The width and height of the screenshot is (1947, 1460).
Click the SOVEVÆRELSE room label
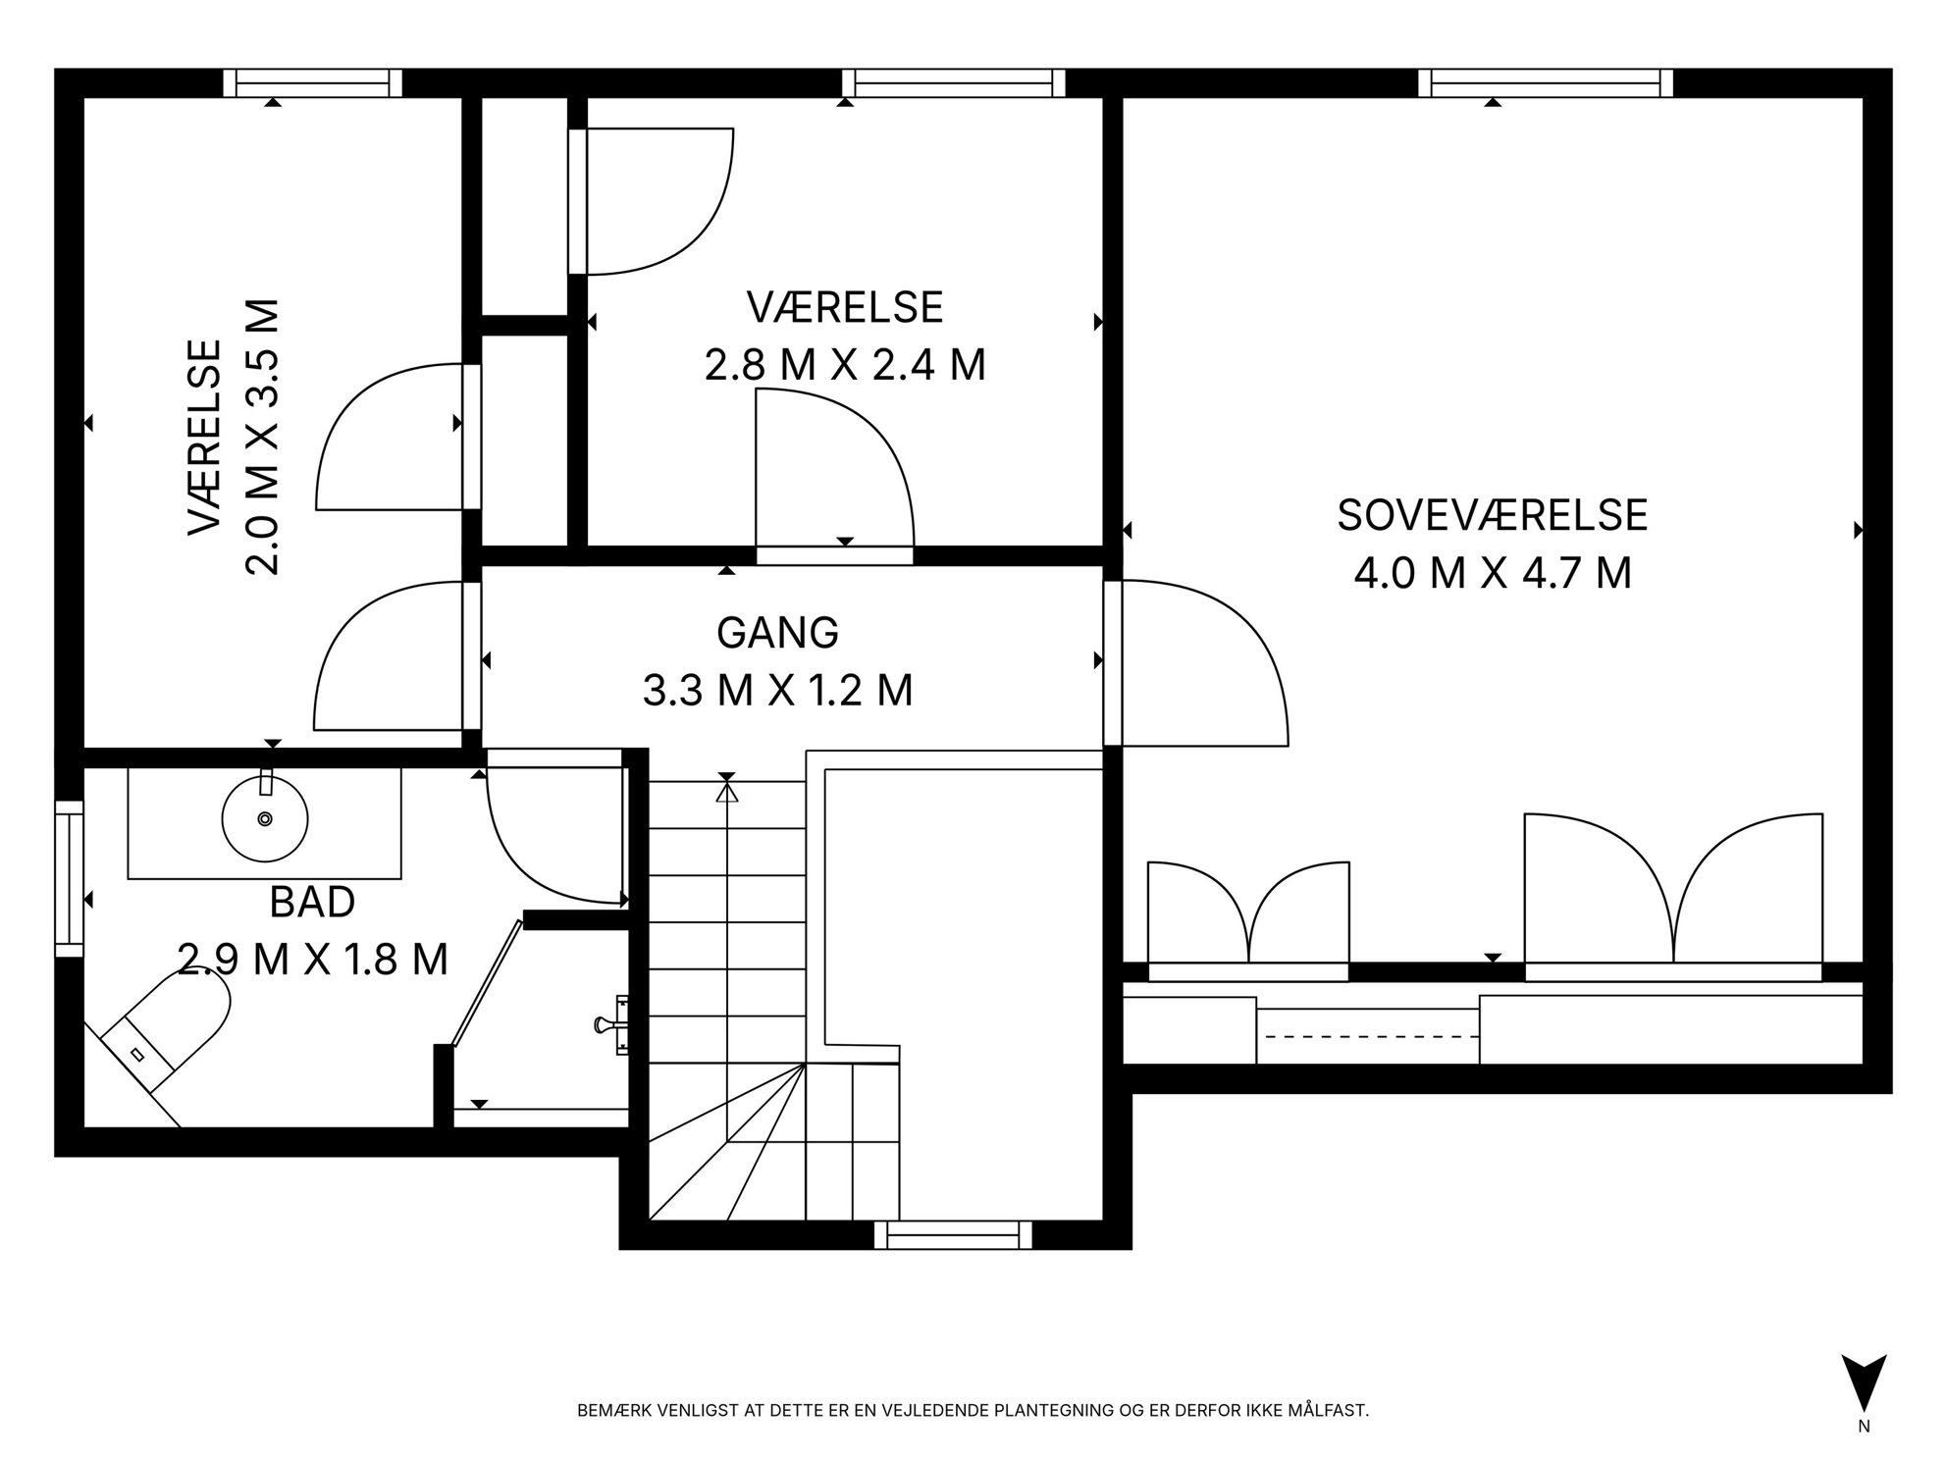click(x=1492, y=516)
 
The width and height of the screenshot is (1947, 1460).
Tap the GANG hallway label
click(x=778, y=633)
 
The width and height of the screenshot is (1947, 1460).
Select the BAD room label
click(x=312, y=902)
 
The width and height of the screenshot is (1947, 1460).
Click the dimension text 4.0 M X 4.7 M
click(x=1492, y=573)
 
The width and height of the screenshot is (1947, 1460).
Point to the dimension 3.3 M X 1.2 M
click(x=778, y=691)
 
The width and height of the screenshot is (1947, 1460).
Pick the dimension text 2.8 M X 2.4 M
click(x=845, y=365)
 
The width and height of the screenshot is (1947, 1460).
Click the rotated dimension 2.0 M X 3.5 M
click(x=262, y=437)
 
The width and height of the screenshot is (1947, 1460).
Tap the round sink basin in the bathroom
click(x=265, y=818)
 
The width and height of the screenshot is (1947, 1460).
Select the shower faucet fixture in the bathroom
click(x=612, y=1024)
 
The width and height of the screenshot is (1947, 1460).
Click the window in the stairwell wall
click(x=953, y=1234)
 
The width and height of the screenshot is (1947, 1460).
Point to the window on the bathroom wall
click(x=69, y=878)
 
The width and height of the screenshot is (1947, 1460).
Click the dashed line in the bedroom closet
click(x=1368, y=1036)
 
